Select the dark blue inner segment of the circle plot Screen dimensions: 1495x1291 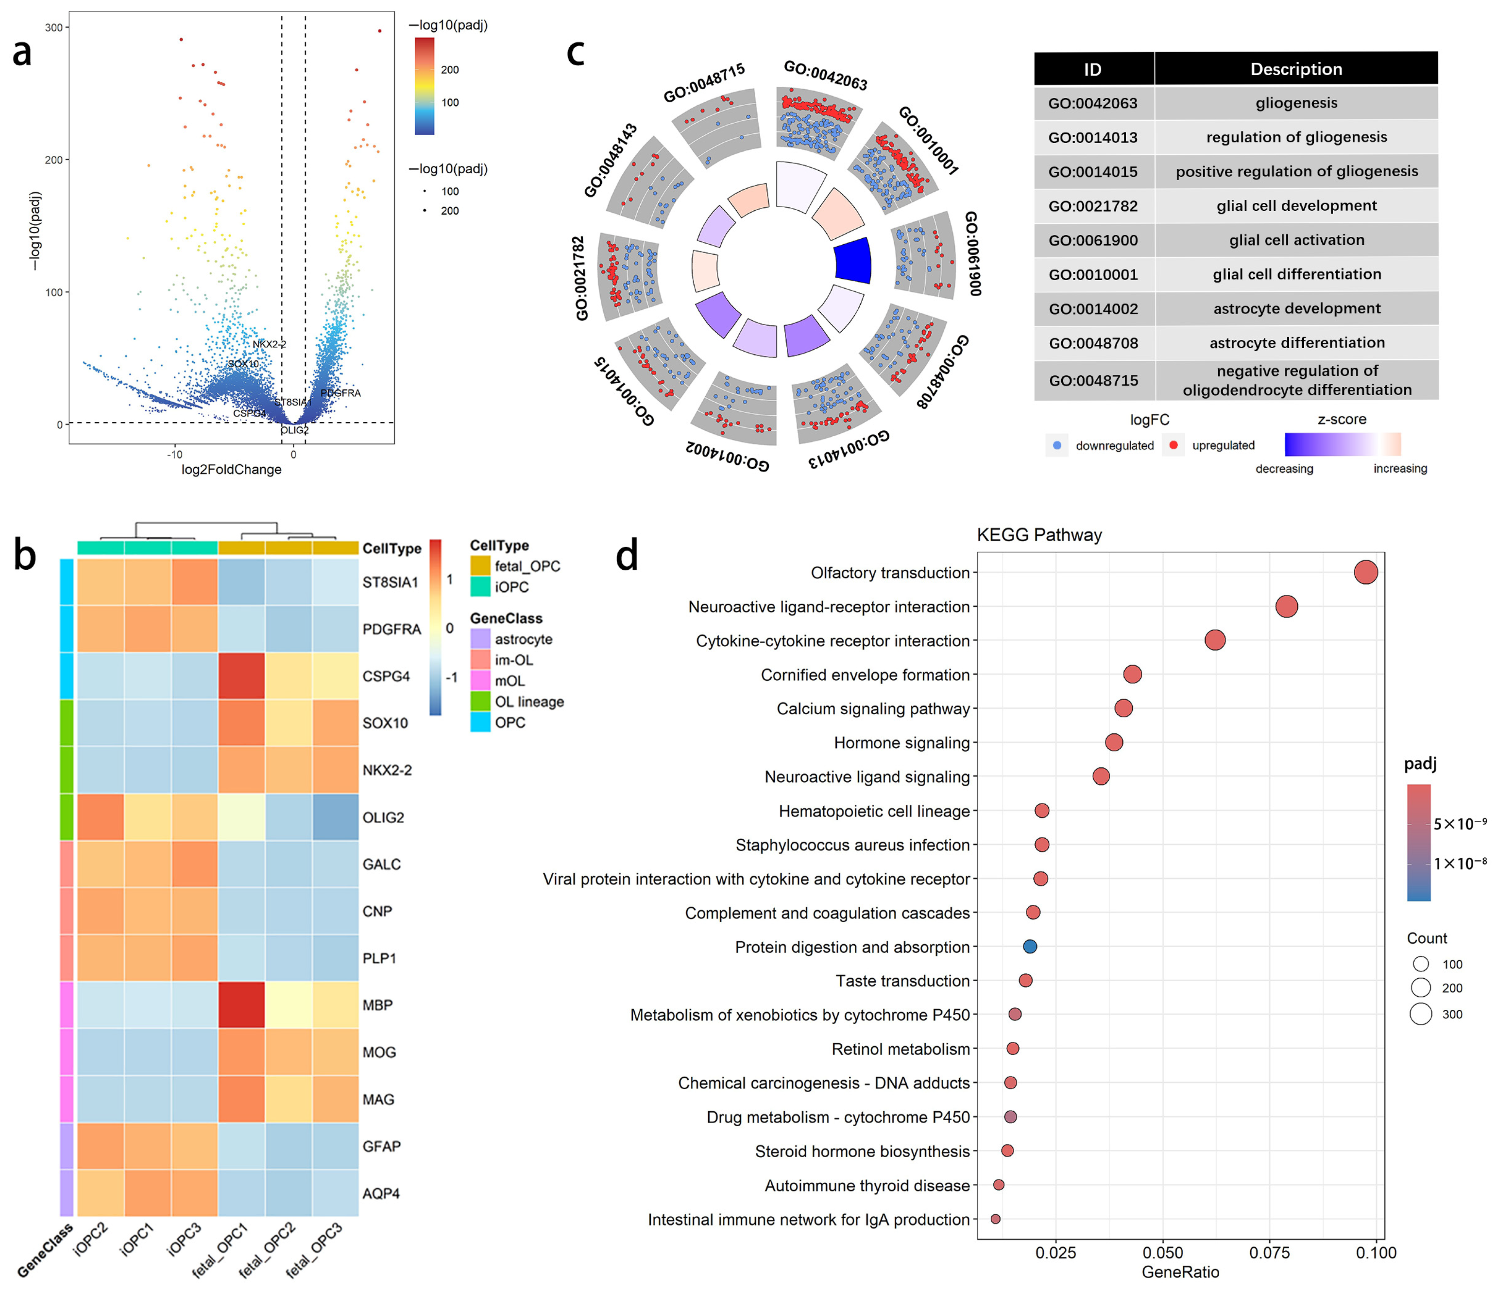(853, 260)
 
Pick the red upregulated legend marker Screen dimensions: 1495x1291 (1173, 445)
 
